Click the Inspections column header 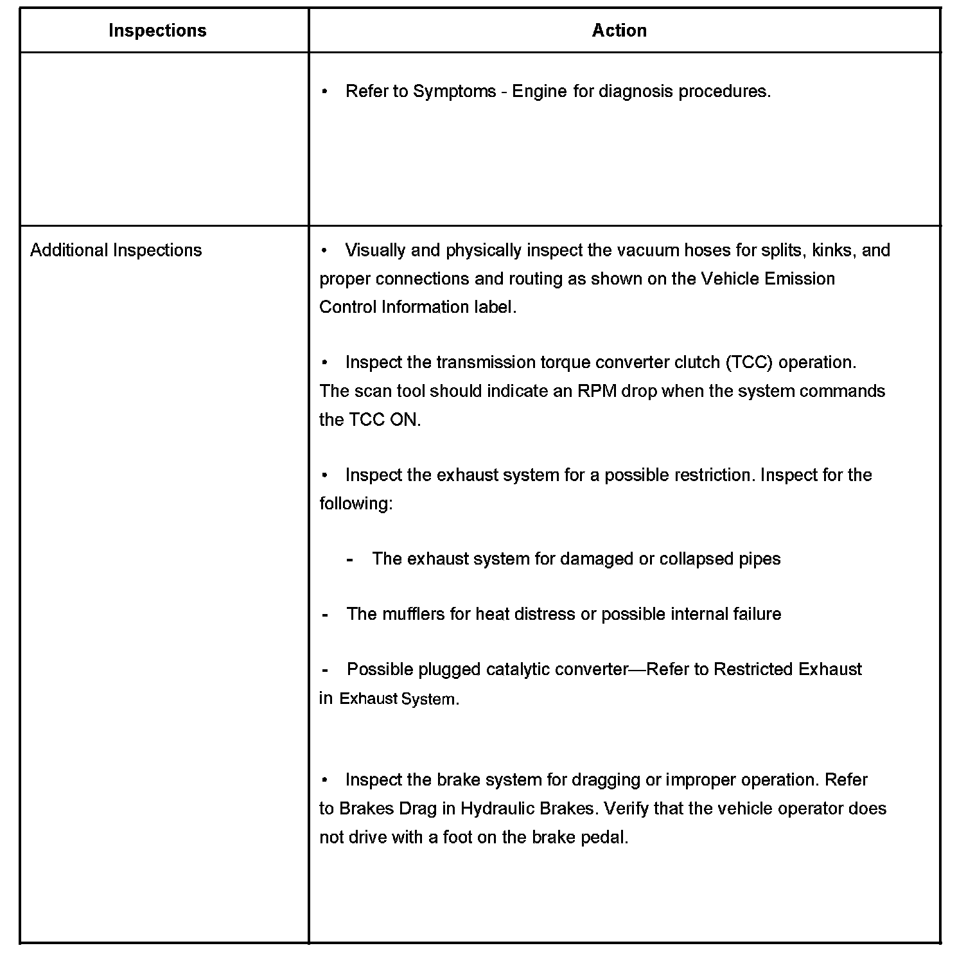[157, 31]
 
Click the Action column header [619, 31]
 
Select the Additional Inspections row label [116, 250]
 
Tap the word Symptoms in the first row [454, 91]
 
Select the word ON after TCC [405, 420]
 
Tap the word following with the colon [356, 504]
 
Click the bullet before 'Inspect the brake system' [325, 780]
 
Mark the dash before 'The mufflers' [325, 615]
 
